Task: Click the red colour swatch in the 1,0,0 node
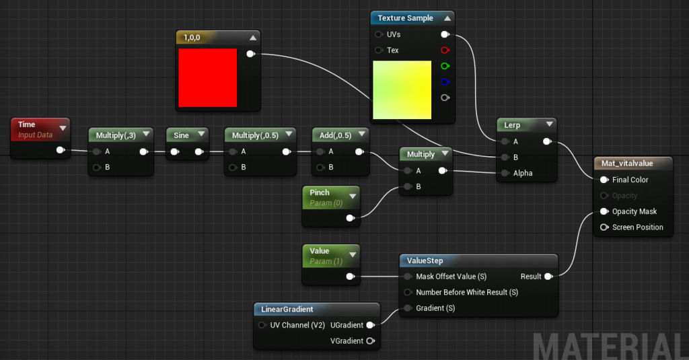207,77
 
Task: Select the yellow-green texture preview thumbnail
402,89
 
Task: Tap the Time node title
26,124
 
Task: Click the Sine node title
181,135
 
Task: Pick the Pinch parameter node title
320,192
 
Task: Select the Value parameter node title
320,251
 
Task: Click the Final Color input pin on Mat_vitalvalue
604,180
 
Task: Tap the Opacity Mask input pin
604,211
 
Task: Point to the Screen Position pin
604,227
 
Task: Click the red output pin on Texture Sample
445,50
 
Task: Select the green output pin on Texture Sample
445,66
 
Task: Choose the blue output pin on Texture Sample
445,82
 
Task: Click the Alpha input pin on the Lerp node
505,173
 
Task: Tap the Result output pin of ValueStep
548,277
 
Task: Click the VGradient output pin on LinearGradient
371,340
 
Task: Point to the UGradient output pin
371,325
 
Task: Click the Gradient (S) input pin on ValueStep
408,308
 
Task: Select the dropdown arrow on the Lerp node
549,124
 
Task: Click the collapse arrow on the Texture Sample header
447,18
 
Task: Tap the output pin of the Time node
60,150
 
